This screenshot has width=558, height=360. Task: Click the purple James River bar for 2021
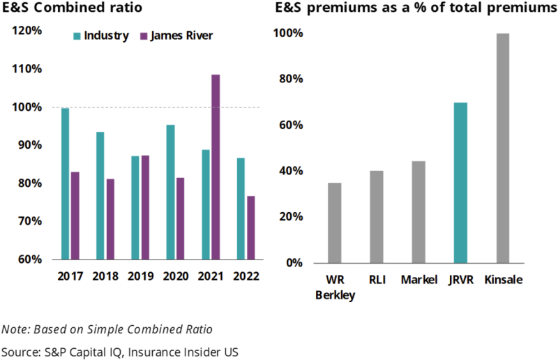click(x=216, y=167)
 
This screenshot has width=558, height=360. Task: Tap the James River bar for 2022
click(x=250, y=227)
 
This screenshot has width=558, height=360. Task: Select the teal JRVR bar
click(x=460, y=183)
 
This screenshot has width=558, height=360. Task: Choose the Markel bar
click(x=418, y=212)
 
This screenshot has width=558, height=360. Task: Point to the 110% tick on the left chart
click(x=27, y=69)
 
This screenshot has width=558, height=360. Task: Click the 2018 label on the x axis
click(x=105, y=276)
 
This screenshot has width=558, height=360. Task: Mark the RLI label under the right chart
click(x=377, y=280)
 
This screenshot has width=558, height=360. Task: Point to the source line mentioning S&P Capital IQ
click(x=120, y=351)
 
